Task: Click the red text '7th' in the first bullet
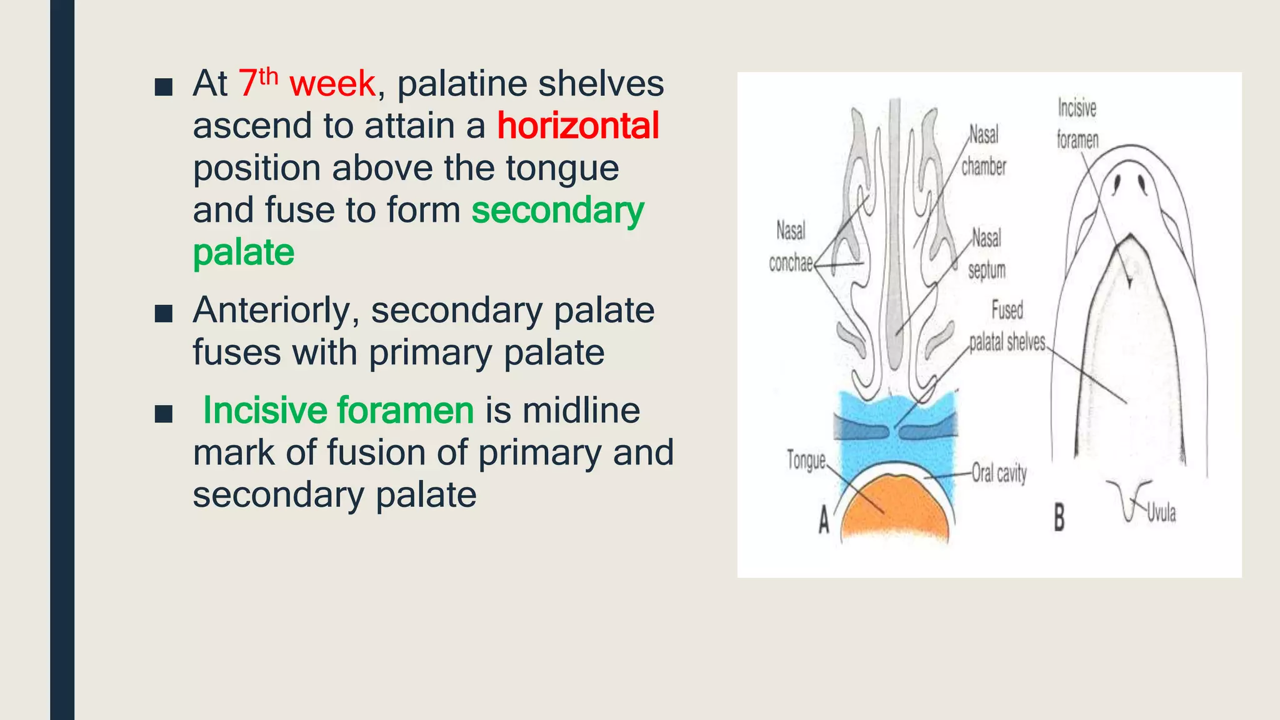(257, 82)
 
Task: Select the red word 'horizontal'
(578, 126)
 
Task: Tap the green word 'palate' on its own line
(243, 252)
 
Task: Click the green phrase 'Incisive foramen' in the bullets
(338, 411)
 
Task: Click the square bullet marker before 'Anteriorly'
(163, 313)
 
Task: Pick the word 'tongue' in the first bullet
(562, 168)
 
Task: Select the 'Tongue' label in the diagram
(806, 460)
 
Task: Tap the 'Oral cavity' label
(999, 473)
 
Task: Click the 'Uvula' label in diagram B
(1161, 513)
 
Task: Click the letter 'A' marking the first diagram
(824, 520)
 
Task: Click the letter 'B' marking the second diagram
(1059, 518)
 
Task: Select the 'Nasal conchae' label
(791, 247)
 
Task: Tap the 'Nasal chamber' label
(984, 151)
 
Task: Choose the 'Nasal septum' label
(986, 254)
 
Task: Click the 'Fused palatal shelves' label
(1007, 326)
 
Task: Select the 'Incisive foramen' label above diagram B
(1077, 124)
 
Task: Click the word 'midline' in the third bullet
(581, 411)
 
